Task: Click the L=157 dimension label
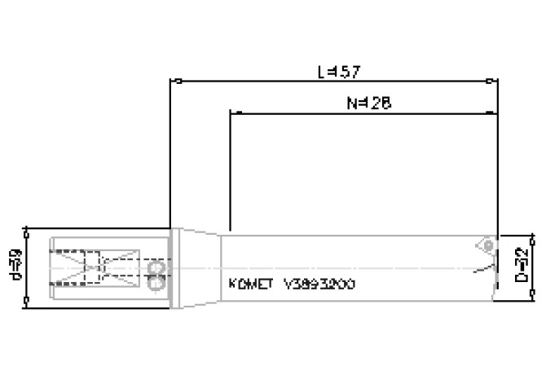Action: tap(338, 72)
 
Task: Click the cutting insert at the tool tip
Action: tap(487, 245)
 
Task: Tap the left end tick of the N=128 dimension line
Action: tap(231, 112)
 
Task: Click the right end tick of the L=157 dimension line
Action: tap(489, 82)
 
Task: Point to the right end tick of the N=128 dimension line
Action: tap(495, 112)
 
